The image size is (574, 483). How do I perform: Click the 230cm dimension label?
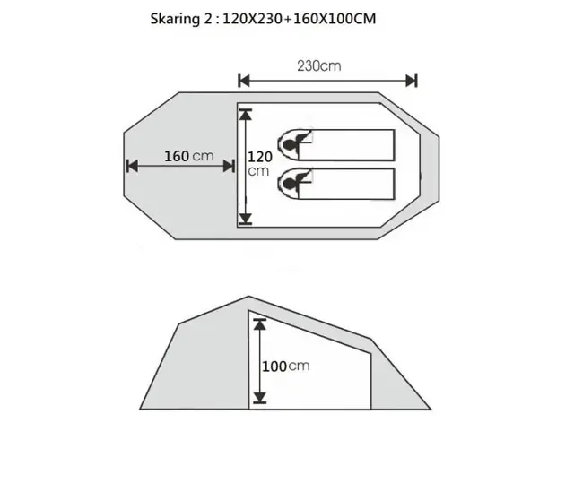click(318, 65)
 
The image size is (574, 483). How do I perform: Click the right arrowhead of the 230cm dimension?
click(412, 80)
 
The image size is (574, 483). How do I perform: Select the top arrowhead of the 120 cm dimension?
click(247, 115)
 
